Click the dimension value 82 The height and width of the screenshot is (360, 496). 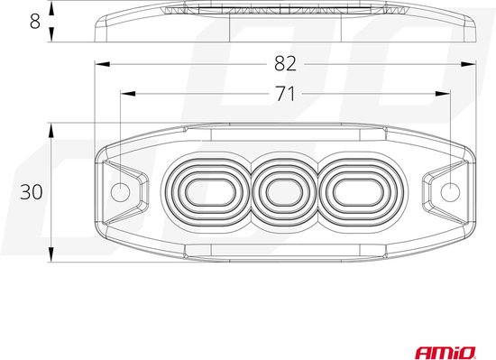tap(285, 63)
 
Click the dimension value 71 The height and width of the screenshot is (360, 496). tap(285, 94)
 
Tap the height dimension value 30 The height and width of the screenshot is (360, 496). tap(31, 191)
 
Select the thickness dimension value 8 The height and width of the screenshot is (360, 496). tap(35, 22)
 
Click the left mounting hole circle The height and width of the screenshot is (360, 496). tap(121, 191)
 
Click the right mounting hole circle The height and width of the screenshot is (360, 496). tap(450, 191)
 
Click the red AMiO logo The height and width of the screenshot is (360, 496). tap(445, 353)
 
